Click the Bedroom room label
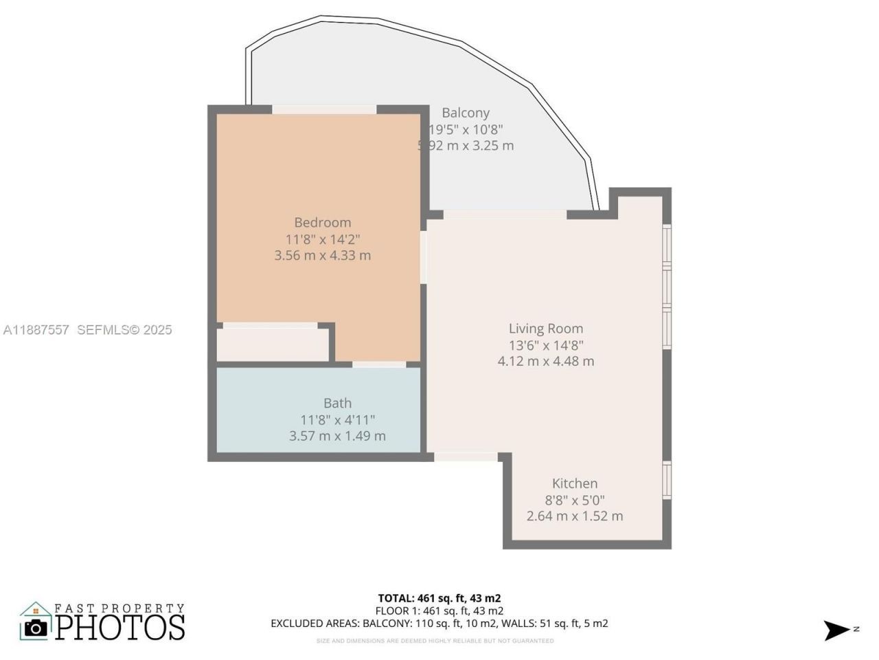tap(322, 222)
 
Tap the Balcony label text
tap(466, 113)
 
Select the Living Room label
tap(545, 329)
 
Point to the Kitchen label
tap(575, 483)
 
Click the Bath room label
tap(337, 403)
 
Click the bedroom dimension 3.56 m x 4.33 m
tap(322, 255)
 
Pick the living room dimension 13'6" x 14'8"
tap(545, 345)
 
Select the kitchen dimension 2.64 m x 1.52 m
tap(575, 516)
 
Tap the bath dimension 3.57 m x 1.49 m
tap(337, 436)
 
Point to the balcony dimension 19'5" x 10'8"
tap(466, 129)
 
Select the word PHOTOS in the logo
tap(120, 626)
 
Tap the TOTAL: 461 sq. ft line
tap(444, 598)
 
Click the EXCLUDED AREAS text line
tap(439, 624)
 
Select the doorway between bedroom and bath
tap(378, 364)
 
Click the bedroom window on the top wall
tap(324, 109)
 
